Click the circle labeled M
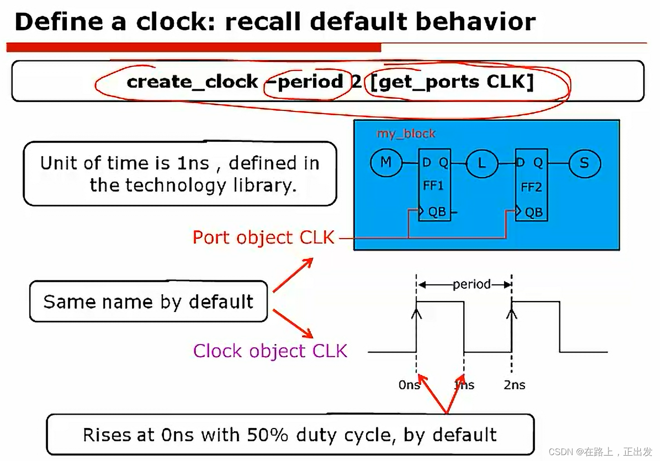[386, 163]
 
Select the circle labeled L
[481, 163]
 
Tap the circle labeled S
[584, 163]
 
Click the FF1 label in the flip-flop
[433, 186]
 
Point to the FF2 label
[531, 187]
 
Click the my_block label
[405, 134]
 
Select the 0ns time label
[409, 385]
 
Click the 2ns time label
[514, 385]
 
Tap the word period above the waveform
[471, 284]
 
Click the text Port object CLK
[263, 238]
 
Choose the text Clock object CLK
[270, 351]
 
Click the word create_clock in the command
[192, 81]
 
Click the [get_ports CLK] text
[451, 82]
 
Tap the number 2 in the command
[356, 81]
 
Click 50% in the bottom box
[267, 435]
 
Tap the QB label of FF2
[533, 212]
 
